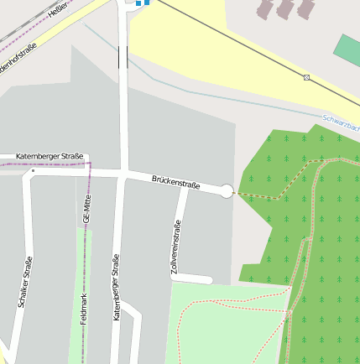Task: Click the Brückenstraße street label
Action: pyautogui.click(x=176, y=182)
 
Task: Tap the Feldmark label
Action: pyautogui.click(x=83, y=309)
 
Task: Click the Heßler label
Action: pyautogui.click(x=58, y=10)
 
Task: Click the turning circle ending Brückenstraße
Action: pyautogui.click(x=226, y=191)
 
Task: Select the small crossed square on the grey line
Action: pyautogui.click(x=307, y=78)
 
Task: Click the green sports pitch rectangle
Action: pyautogui.click(x=347, y=49)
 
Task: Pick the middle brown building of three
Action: pyautogui.click(x=285, y=8)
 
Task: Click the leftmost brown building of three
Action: pyautogui.click(x=265, y=9)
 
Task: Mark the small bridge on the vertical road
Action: pyautogui.click(x=123, y=57)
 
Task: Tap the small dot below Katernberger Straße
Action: pyautogui.click(x=33, y=171)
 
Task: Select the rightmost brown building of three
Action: pyautogui.click(x=305, y=8)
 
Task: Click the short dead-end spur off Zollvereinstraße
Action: pyautogui.click(x=193, y=278)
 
